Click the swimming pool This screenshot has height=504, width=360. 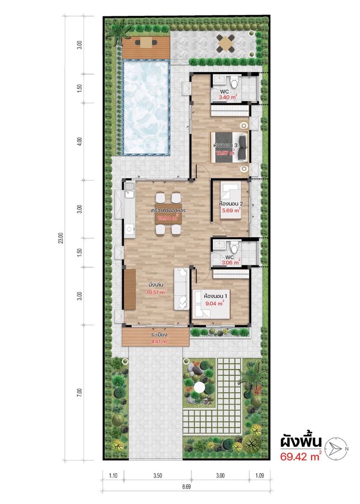(x=146, y=107)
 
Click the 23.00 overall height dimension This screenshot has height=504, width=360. (x=60, y=238)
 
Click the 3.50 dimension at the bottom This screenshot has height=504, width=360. (x=157, y=476)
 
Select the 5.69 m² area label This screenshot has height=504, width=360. (x=230, y=210)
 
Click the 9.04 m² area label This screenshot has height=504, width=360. (x=214, y=303)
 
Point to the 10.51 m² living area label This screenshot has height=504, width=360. (x=156, y=291)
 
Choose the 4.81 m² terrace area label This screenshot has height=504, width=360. (x=159, y=342)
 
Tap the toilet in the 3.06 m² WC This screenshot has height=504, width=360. (x=234, y=247)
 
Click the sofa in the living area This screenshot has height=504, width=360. (x=181, y=288)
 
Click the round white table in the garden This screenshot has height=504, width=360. (x=201, y=387)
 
